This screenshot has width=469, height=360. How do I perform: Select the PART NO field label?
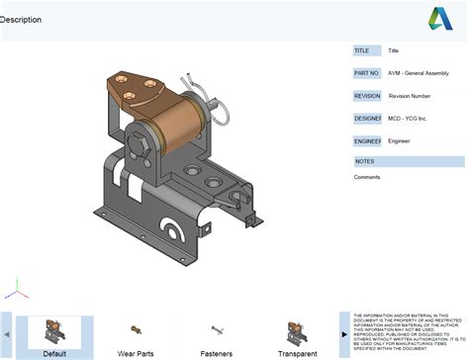click(x=366, y=73)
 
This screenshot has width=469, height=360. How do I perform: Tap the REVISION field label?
click(x=366, y=96)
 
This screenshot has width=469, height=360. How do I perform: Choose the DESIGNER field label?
click(x=366, y=119)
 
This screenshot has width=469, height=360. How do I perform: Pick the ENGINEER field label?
click(x=366, y=141)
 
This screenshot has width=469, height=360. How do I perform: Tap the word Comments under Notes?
click(x=367, y=177)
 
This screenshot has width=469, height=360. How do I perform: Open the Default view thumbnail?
click(x=55, y=331)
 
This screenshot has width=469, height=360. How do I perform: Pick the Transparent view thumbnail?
click(x=297, y=331)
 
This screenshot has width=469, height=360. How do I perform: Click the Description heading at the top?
click(x=21, y=19)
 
